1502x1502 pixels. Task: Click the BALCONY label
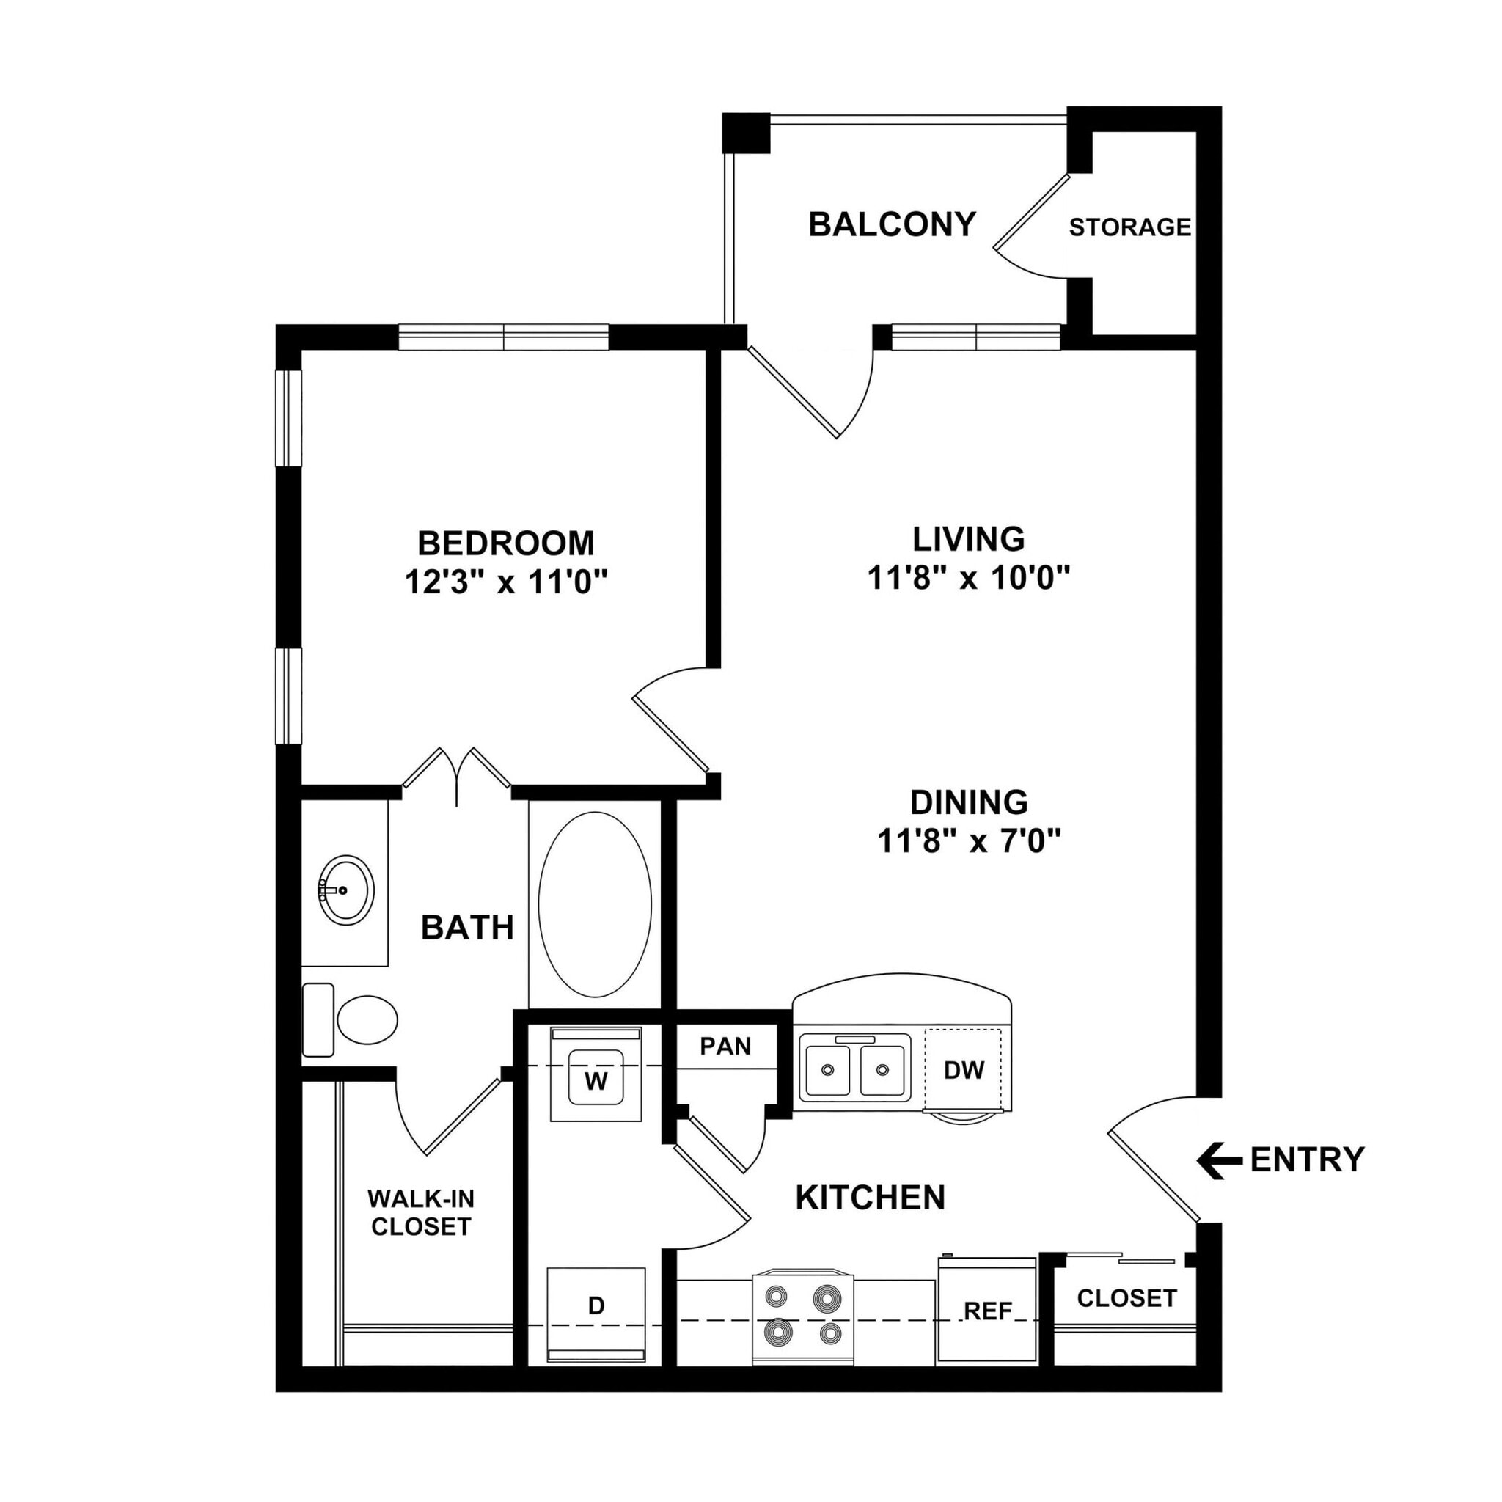tap(892, 224)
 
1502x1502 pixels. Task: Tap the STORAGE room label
tap(1129, 227)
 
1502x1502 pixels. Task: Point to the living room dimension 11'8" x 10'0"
tap(969, 578)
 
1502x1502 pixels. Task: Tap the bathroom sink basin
tap(347, 890)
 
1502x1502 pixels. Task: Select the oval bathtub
tap(595, 905)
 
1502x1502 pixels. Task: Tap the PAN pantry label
tap(725, 1047)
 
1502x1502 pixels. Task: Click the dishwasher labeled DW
tap(964, 1070)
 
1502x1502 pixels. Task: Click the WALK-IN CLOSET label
tap(420, 1212)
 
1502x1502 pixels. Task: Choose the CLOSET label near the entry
tap(1126, 1297)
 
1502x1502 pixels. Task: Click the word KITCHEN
tap(870, 1198)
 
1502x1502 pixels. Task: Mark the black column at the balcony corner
tap(746, 133)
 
